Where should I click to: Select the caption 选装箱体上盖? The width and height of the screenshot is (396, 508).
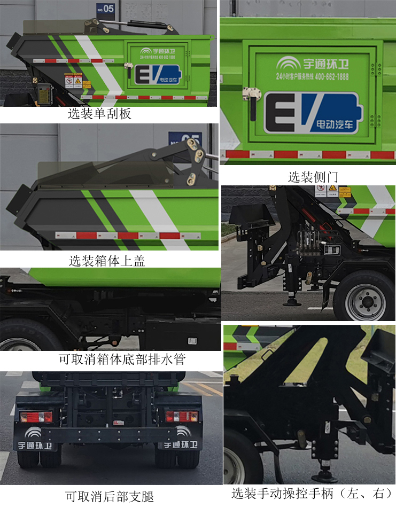[107, 261]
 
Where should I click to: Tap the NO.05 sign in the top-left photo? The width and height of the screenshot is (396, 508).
[105, 8]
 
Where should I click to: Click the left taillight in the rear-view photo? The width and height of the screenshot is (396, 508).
[36, 416]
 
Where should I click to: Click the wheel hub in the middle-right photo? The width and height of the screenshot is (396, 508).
[364, 302]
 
